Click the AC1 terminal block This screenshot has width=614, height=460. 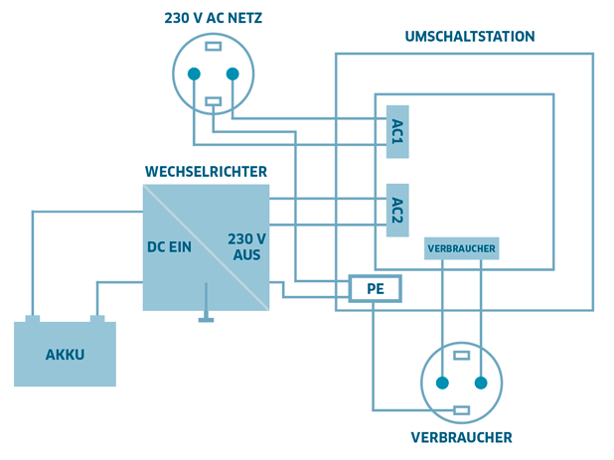[397, 131]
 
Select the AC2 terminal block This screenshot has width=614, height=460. [397, 210]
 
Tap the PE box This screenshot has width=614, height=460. [374, 289]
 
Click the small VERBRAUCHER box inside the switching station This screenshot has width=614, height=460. [460, 247]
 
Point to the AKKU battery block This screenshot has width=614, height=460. [65, 354]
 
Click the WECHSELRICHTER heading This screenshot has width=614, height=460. [206, 172]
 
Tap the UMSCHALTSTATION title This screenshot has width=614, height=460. [470, 36]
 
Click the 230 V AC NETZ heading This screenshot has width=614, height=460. [213, 18]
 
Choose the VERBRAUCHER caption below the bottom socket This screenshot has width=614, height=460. [461, 437]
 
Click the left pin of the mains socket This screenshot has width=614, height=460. [194, 74]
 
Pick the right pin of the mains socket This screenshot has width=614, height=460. [232, 74]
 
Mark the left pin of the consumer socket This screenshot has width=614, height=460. [441, 383]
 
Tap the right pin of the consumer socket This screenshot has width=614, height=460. [481, 383]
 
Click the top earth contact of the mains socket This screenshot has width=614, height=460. [213, 46]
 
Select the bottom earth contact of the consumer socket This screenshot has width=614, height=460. [461, 410]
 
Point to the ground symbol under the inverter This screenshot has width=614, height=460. [207, 319]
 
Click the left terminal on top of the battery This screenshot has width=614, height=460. [33, 319]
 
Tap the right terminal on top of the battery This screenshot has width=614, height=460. [97, 319]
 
